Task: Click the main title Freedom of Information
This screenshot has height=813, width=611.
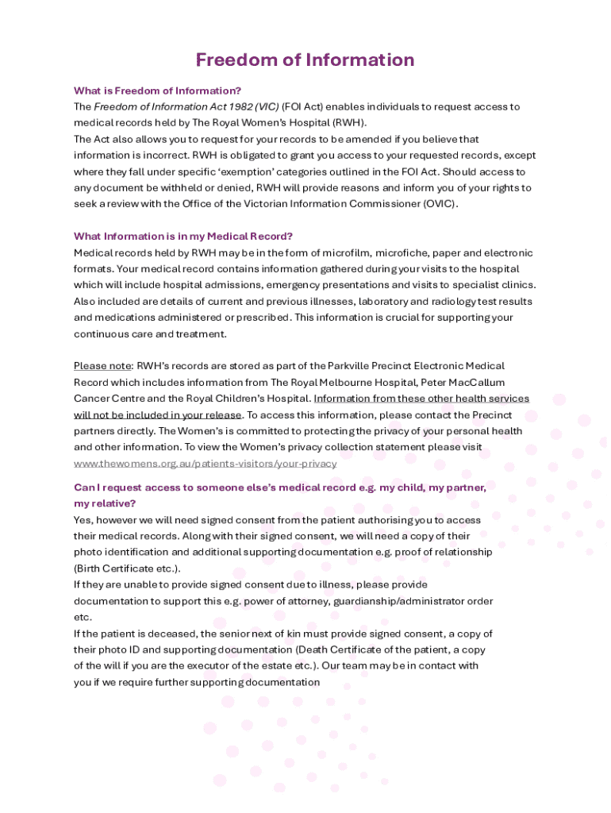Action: coord(305,60)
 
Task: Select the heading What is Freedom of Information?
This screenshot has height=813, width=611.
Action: coord(158,91)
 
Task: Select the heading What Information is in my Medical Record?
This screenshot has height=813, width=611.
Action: coord(183,236)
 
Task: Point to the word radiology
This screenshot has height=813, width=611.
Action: coord(428,301)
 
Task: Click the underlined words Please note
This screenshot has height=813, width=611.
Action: coord(102,366)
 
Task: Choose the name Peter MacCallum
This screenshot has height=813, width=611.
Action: coord(463,382)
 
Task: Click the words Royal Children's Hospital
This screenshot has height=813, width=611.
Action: coord(249,399)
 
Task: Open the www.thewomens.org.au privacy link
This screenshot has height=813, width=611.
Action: coord(205,464)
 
